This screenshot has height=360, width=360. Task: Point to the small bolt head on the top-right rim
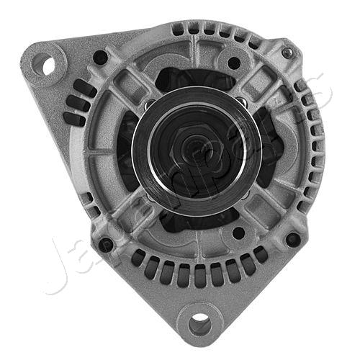coord(288,53)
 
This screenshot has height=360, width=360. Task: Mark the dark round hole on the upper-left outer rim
coord(100,57)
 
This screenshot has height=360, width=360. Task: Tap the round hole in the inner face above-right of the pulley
coord(234,63)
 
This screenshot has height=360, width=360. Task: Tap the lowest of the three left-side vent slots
coord(72,119)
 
